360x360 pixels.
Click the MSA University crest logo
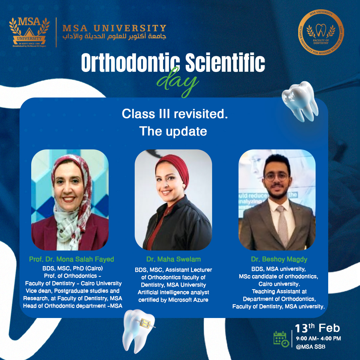tap(29, 32)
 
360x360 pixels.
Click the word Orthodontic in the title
tap(130, 63)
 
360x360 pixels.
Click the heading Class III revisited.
tap(175, 114)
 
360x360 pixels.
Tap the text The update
tap(173, 131)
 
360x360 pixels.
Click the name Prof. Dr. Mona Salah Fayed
tap(71, 259)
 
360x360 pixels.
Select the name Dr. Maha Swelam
tap(173, 259)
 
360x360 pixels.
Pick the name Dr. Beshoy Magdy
tap(279, 259)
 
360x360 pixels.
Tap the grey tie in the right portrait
tap(282, 222)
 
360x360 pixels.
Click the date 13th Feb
tap(317, 328)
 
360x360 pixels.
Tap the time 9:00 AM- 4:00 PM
tap(318, 339)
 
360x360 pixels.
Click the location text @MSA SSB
tap(310, 347)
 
